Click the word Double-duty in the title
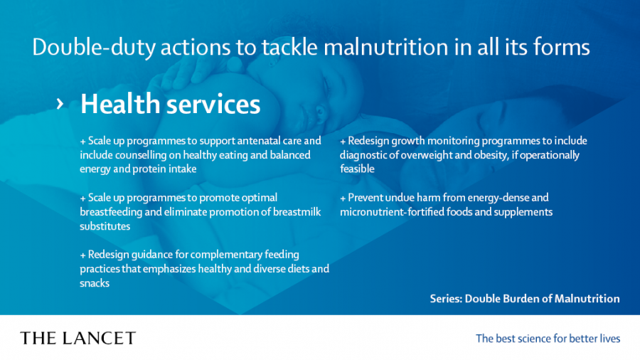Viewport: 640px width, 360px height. (93, 48)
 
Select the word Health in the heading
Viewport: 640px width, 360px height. (120, 104)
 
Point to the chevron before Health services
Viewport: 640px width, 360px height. (60, 104)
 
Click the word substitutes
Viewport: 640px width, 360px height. (105, 226)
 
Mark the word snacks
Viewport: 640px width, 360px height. (95, 283)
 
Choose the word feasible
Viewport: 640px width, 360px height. (357, 169)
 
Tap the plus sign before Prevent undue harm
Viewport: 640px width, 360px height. (343, 198)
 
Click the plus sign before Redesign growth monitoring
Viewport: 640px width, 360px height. (343, 142)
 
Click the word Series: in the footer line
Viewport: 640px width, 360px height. (446, 298)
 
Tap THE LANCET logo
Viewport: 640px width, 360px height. (78, 338)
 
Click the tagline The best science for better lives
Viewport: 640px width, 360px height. (548, 339)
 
